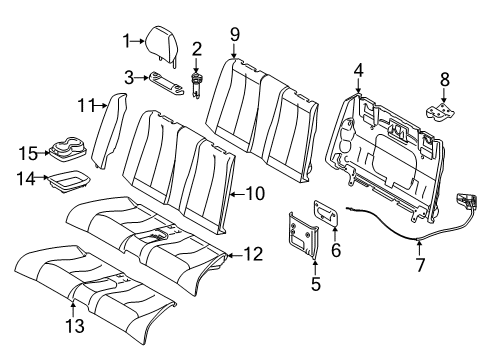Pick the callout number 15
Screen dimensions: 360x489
[29, 152]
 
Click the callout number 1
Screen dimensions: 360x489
[127, 41]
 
